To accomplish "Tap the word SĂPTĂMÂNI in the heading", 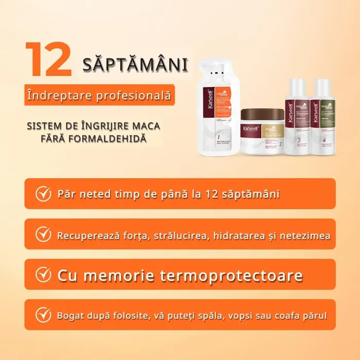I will tap(135, 65).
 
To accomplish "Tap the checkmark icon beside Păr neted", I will tap(43, 194).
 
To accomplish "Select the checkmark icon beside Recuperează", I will tap(43, 235).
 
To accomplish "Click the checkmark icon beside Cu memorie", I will tap(43, 275).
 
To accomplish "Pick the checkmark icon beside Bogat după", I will tap(43, 315).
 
